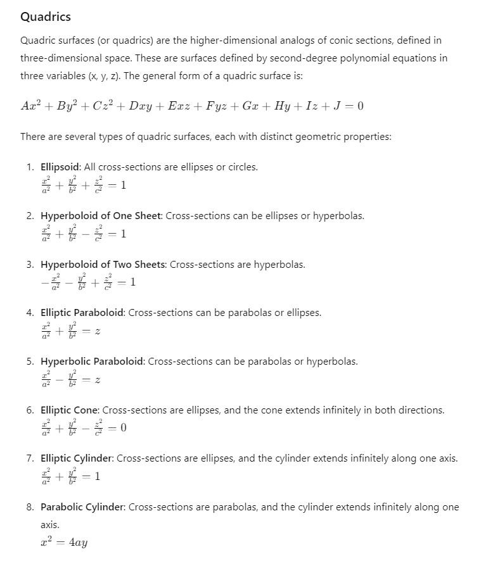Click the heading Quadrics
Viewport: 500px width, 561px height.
click(46, 17)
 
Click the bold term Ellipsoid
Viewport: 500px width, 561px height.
click(61, 167)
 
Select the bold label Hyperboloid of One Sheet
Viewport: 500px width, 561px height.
click(101, 216)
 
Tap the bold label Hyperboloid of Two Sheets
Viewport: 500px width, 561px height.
click(104, 265)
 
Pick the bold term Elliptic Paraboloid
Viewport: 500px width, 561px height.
click(82, 313)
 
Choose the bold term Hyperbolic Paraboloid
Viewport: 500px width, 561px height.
click(93, 362)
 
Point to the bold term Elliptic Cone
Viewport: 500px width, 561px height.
click(70, 410)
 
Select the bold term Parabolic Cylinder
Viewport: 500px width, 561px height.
click(81, 507)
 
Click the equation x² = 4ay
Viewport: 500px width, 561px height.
click(63, 543)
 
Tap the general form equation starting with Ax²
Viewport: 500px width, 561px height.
click(192, 106)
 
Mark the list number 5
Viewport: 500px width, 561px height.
click(30, 362)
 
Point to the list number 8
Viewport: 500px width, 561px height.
click(30, 507)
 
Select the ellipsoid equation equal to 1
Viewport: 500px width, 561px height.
click(83, 186)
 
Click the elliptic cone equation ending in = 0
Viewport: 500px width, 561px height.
click(83, 429)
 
